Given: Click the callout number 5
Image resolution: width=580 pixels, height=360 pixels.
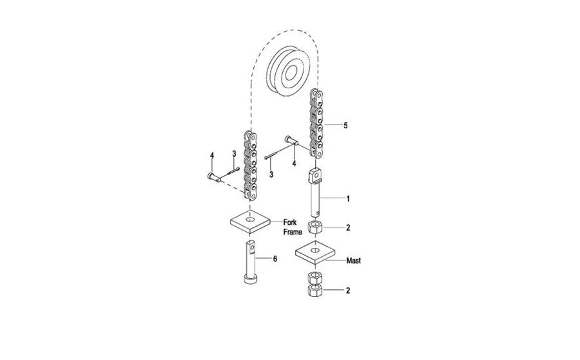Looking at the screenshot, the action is (x=345, y=126).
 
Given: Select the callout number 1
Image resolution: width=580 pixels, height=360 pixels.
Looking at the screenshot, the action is (x=348, y=198).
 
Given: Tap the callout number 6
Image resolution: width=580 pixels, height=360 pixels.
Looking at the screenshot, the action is (x=275, y=259).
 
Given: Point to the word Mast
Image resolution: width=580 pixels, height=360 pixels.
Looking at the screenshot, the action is (x=354, y=261).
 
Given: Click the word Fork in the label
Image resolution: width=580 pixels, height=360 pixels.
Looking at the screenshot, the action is (x=290, y=223).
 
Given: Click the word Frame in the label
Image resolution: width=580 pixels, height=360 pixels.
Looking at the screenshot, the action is (x=293, y=232).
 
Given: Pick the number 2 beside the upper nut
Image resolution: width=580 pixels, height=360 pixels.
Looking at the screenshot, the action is (x=348, y=228).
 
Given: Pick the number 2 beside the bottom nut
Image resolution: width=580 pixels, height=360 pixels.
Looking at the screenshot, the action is (x=348, y=290).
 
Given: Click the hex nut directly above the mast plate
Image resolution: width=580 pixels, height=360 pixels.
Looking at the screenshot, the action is (x=314, y=227).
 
